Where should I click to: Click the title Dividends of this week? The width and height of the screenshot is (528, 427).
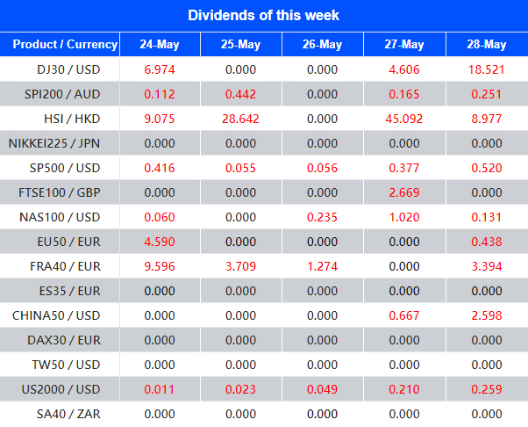(263, 15)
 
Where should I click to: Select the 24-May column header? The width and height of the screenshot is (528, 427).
(158, 44)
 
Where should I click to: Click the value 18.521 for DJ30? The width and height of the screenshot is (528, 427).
(487, 69)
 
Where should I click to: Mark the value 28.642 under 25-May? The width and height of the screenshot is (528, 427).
(240, 119)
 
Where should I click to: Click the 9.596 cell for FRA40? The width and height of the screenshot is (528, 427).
(158, 266)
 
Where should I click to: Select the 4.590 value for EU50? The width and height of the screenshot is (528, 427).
(158, 242)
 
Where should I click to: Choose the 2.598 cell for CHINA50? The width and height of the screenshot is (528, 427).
(487, 315)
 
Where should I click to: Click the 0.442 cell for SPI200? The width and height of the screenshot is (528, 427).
(240, 94)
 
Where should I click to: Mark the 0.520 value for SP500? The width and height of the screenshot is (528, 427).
(487, 168)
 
